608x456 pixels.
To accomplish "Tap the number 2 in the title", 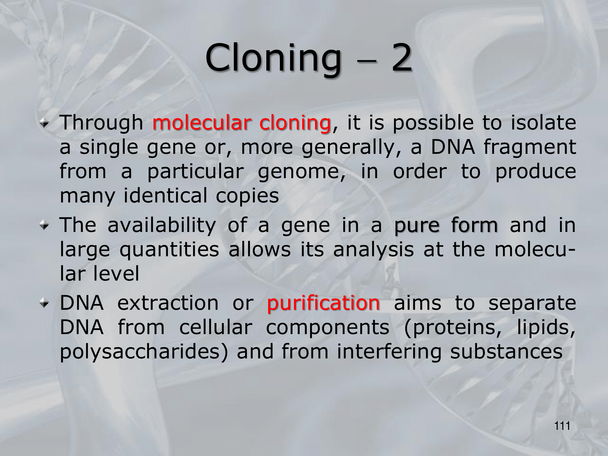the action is point(402,57).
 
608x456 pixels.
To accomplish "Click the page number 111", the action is point(562,426).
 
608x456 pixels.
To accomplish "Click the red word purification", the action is point(323,304).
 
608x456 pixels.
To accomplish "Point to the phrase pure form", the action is point(446,226).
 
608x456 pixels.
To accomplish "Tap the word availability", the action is point(162,226).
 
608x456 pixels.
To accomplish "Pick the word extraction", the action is point(168,303).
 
